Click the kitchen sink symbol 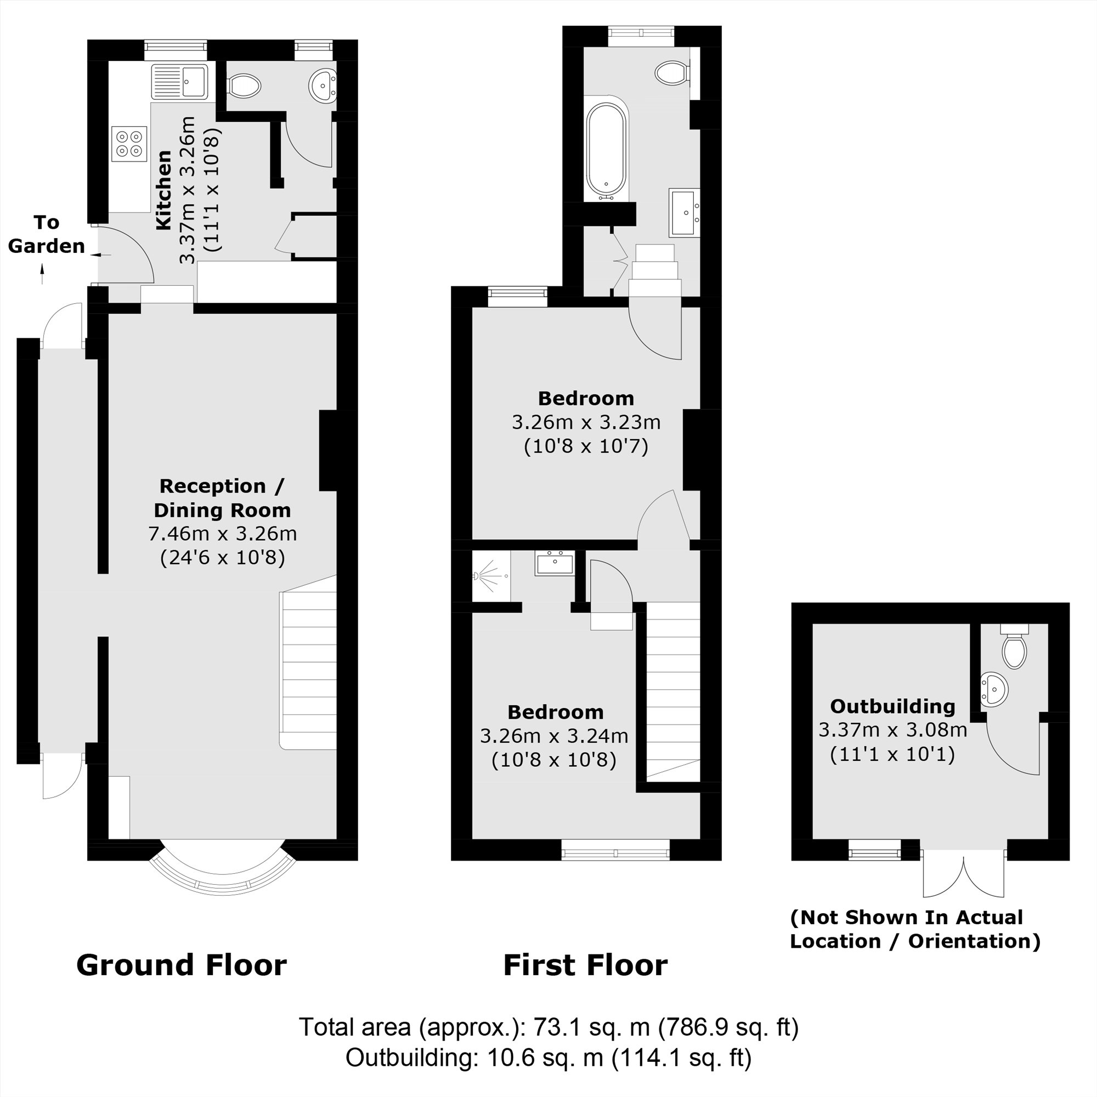point(179,82)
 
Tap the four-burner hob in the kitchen point(130,144)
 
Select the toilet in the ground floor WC point(244,87)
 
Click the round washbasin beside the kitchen point(323,86)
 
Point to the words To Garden point(46,234)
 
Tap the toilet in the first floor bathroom point(672,73)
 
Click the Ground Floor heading point(181,965)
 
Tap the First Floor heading point(585,965)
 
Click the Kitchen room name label point(163,190)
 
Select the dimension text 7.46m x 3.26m point(222,534)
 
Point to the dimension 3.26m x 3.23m point(586,422)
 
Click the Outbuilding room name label point(892,706)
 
